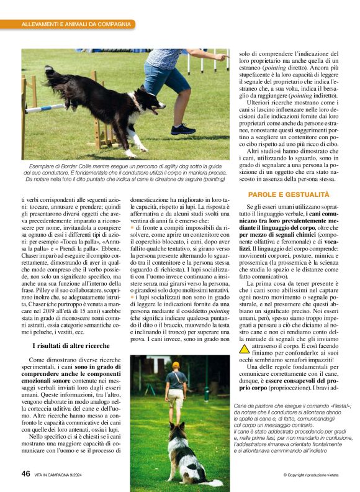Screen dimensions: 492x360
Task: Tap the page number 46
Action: tap(25, 473)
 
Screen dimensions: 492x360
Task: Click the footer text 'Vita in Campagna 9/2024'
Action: tap(63, 474)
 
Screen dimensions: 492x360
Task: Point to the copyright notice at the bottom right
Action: tap(310, 475)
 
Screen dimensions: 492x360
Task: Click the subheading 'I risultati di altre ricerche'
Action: tap(71, 345)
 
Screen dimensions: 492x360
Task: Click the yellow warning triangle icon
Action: tap(245, 348)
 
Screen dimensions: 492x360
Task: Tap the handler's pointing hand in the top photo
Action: tap(222, 57)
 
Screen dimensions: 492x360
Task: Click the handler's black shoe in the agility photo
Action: tap(183, 129)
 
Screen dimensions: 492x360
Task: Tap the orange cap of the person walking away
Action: tap(176, 365)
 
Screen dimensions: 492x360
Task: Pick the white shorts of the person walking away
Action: tap(176, 395)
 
